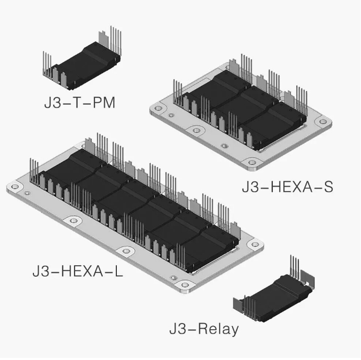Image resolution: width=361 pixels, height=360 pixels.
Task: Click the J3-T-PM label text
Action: pos(79,103)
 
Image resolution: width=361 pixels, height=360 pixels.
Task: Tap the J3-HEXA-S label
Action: pos(287,187)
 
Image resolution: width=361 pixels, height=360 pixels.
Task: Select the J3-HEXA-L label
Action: pos(78,271)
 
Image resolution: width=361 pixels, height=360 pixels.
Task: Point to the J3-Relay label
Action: pos(204,329)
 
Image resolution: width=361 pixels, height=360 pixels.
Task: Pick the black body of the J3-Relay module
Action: pos(276,299)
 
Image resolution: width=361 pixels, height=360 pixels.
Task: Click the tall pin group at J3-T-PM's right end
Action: pos(116,40)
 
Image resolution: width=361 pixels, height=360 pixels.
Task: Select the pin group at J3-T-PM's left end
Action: pos(47,64)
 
